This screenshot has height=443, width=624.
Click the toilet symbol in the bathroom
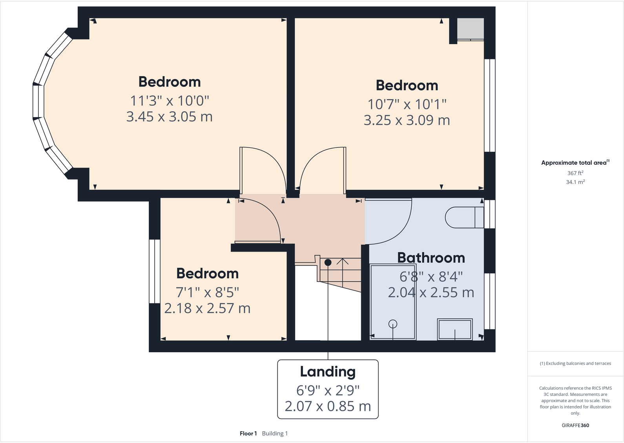coord(463,217)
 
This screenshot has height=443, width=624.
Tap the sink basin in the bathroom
coord(454,329)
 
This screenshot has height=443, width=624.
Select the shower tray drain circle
coord(392,324)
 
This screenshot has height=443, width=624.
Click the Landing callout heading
coord(328,371)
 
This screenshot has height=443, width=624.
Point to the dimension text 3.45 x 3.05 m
coord(169,117)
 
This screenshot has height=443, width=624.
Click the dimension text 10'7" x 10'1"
coord(407,104)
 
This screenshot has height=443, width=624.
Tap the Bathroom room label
coord(431,258)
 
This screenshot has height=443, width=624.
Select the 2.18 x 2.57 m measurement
coord(207,308)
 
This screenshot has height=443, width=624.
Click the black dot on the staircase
coord(328,262)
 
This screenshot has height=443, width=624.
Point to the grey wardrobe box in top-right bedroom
coord(471,29)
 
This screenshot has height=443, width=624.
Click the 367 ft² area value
coord(575,173)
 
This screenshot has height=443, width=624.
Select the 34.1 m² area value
coord(575,182)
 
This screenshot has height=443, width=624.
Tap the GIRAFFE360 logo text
coord(575,425)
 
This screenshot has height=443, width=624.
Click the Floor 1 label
coord(248,434)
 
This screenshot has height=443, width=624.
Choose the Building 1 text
coord(275,434)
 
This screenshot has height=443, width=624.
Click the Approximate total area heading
coord(574,163)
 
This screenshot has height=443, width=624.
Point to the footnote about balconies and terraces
coord(575,364)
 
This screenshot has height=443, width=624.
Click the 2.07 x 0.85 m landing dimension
coord(328,406)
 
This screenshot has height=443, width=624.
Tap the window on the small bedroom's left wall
coord(155,271)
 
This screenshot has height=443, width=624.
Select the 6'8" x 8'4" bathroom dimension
coord(431,277)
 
